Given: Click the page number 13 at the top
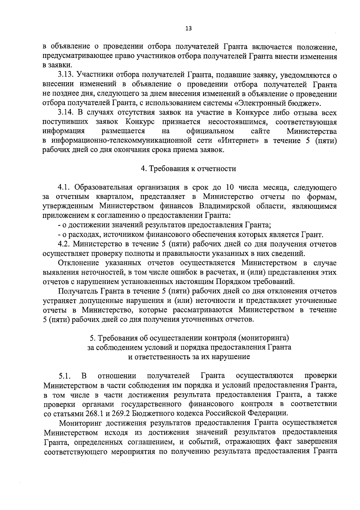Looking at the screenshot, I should click(188, 28).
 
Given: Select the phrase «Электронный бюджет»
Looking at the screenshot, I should click(277, 104).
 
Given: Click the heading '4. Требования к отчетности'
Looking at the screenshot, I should click(188, 169).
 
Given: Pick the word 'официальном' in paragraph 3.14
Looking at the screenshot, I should click(210, 131).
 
